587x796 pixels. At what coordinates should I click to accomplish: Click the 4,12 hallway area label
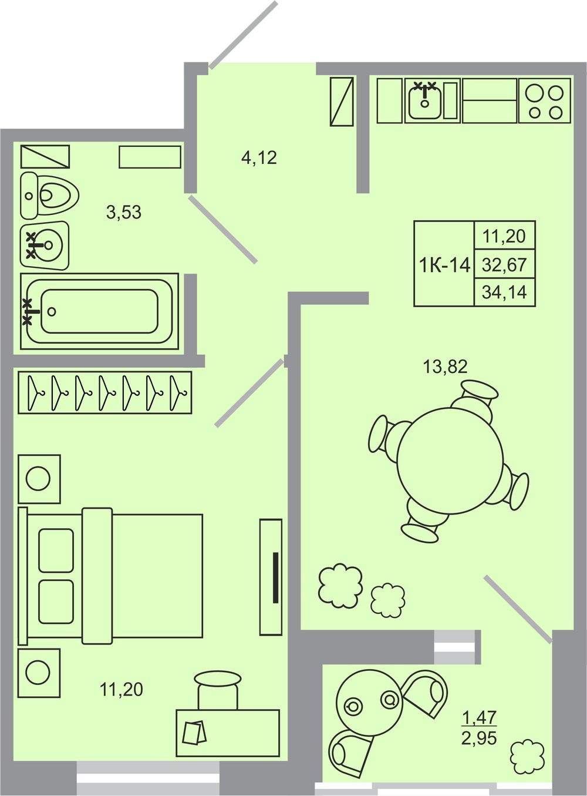coord(259,158)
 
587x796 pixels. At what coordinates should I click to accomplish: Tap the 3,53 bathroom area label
coord(124,212)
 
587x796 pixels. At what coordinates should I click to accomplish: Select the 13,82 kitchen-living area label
coord(446,367)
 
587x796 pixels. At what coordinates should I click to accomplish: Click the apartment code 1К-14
coord(444,266)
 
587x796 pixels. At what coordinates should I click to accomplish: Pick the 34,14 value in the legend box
coord(504,292)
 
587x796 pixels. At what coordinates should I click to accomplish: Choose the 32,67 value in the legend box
coord(504,265)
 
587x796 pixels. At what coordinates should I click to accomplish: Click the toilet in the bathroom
coord(49,196)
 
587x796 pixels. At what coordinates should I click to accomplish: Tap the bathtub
coord(99,311)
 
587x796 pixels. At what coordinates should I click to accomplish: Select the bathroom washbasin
coord(45,246)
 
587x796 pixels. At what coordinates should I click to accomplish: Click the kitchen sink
coord(425,99)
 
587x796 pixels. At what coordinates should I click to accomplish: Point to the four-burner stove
coord(544,101)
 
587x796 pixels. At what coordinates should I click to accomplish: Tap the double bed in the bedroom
coord(110,576)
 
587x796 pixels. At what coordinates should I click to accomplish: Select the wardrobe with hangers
coord(104,392)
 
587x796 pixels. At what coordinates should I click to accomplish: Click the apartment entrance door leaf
coord(244,35)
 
